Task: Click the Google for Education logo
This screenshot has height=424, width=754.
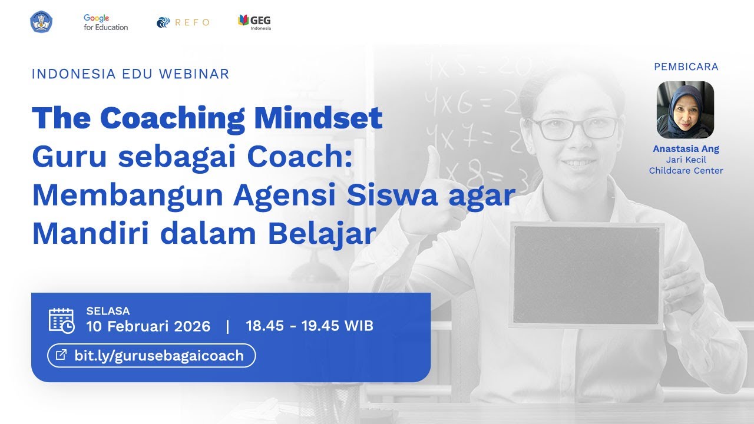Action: point(105,22)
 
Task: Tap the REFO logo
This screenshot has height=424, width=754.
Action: point(183,22)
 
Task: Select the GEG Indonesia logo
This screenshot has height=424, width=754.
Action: point(254,22)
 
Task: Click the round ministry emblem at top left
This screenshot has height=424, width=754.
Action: point(41,22)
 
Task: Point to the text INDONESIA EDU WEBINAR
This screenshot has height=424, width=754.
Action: point(130,74)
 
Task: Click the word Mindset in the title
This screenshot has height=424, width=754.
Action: point(318,118)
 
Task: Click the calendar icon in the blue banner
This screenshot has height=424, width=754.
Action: point(61,320)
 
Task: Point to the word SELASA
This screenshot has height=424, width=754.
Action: point(108,311)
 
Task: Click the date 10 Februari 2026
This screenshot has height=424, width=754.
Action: point(148,326)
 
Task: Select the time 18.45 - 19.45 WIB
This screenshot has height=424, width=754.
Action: point(309,326)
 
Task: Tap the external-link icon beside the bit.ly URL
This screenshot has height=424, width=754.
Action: point(61,355)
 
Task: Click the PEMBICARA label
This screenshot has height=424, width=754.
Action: point(686,67)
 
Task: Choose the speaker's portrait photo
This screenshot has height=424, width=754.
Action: point(685,110)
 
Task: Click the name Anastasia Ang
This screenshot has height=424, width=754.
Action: point(686,149)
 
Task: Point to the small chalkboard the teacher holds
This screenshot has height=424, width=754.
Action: point(586,276)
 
